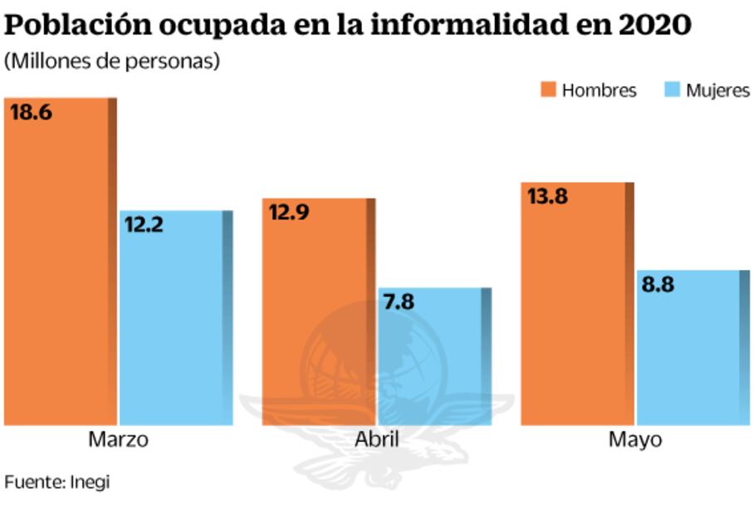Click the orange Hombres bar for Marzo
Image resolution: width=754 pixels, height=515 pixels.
(60, 266)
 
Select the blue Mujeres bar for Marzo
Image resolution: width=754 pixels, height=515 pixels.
(175, 324)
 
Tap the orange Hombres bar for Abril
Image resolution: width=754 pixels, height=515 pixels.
(318, 316)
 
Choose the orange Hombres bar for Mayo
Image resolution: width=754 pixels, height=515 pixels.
(577, 307)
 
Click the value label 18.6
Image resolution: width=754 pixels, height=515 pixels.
(31, 112)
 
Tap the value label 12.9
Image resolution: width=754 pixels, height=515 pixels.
(289, 213)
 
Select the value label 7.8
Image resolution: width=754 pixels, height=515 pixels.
(399, 302)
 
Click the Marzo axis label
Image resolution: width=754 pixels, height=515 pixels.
(118, 439)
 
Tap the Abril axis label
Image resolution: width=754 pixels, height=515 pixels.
(376, 439)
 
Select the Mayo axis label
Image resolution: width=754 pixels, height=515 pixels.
(635, 439)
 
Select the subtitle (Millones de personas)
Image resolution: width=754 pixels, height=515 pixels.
(111, 62)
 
